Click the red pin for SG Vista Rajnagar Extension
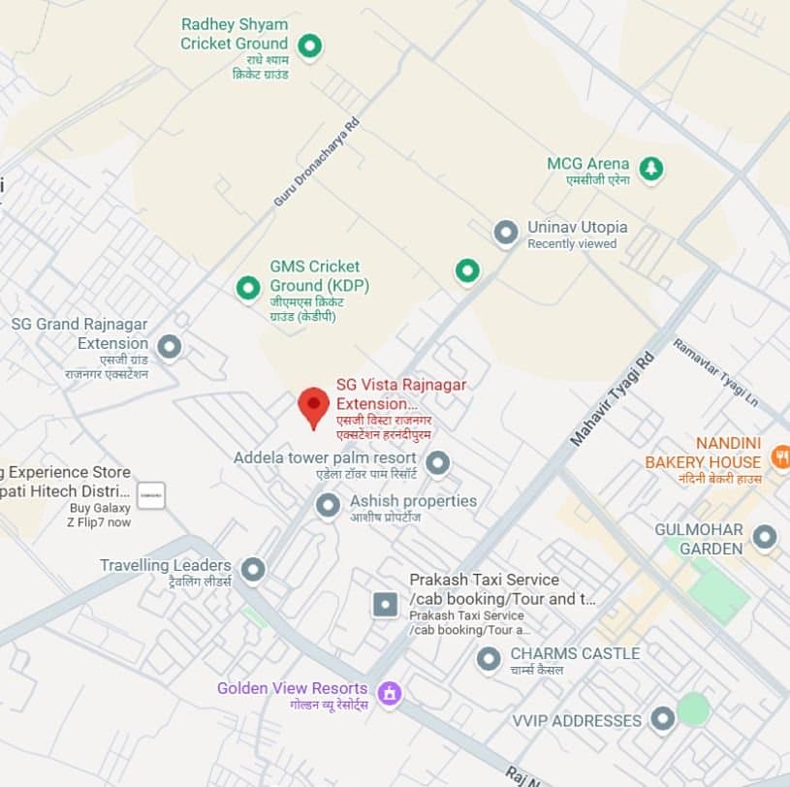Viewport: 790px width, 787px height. [313, 406]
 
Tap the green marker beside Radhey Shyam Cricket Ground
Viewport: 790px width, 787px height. [309, 45]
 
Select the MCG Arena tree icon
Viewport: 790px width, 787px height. [651, 168]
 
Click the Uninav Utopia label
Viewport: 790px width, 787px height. [577, 227]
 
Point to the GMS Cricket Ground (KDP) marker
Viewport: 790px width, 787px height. [248, 287]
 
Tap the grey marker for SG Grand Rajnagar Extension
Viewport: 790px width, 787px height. [170, 346]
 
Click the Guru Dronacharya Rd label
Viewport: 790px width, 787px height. [316, 162]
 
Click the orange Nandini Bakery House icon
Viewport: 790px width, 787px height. [779, 456]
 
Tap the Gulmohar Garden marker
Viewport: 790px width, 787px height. [765, 537]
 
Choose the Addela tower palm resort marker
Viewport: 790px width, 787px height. [438, 463]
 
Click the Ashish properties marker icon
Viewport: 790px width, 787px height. [329, 504]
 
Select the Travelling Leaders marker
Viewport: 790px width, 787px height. [253, 569]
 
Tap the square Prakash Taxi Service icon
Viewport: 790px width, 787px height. [386, 605]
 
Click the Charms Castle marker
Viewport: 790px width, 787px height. [489, 659]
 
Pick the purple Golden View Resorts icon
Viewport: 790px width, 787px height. [390, 694]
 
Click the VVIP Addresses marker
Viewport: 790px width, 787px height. [662, 719]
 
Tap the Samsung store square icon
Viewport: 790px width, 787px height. [150, 495]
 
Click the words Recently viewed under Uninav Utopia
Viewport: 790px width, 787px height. [572, 244]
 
